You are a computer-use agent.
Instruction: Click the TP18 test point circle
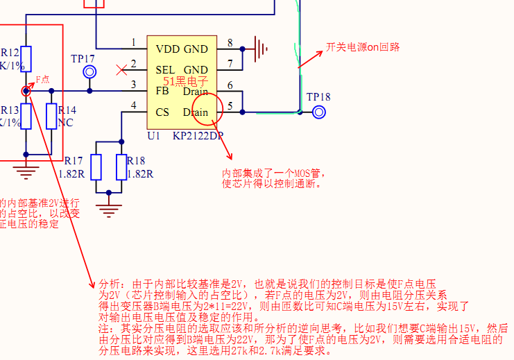tap(319, 112)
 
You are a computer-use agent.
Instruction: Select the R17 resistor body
tap(96, 167)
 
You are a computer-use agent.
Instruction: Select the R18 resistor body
tap(121, 167)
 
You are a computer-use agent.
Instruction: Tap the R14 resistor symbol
tap(51, 116)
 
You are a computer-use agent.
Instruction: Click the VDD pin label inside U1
tap(168, 49)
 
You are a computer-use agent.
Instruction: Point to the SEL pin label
tap(165, 70)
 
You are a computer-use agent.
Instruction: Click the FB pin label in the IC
tap(162, 91)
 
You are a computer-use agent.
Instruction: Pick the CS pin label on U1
tap(162, 112)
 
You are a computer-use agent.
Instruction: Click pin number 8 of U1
tap(230, 43)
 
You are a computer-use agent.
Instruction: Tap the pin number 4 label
tap(133, 105)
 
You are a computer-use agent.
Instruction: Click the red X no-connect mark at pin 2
tap(122, 69)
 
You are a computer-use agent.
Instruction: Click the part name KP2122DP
tap(198, 136)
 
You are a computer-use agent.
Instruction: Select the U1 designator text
tap(154, 136)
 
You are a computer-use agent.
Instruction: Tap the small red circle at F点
tap(26, 91)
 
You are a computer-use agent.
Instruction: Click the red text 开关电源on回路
tap(363, 48)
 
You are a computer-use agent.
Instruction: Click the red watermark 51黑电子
tap(186, 81)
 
